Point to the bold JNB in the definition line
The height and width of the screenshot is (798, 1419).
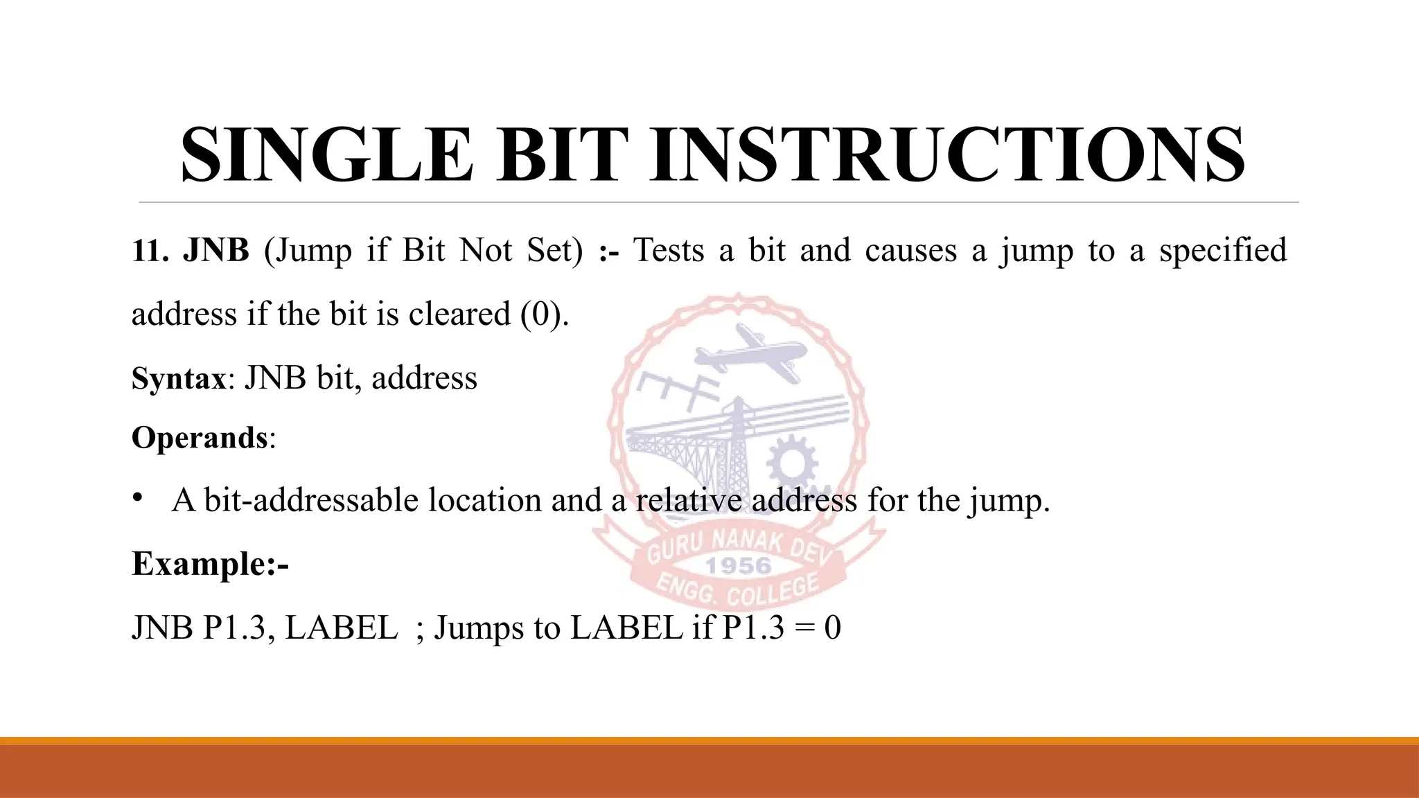(x=215, y=251)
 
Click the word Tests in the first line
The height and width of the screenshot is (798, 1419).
(x=669, y=251)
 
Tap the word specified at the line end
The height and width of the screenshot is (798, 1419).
(x=1223, y=251)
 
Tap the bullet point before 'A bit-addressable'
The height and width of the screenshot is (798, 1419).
(x=138, y=498)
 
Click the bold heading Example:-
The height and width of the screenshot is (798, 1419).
(x=210, y=564)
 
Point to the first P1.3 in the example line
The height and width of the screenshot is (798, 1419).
(x=234, y=628)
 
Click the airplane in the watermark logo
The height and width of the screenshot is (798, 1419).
(x=752, y=354)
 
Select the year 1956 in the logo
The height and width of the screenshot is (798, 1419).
(x=739, y=566)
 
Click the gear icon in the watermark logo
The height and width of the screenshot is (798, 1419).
(x=792, y=461)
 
